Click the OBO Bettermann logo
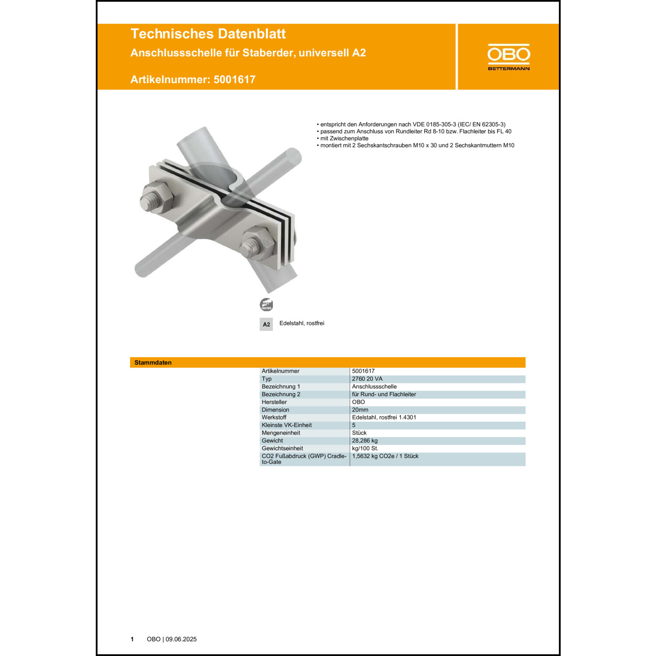tap(509, 57)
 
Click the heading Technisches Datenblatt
tap(208, 34)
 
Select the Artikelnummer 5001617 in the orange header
tap(193, 79)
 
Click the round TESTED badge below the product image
tap(266, 304)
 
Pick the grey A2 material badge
tap(266, 324)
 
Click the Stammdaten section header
tap(153, 363)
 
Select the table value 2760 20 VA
tap(367, 379)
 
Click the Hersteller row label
tap(274, 402)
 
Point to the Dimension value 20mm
tap(360, 410)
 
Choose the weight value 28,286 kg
tap(365, 440)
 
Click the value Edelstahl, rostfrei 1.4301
tap(384, 417)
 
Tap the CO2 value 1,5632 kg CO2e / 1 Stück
tap(385, 456)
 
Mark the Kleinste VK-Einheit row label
tap(286, 425)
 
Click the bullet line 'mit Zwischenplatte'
tap(344, 138)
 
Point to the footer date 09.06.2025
tap(181, 639)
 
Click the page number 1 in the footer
tap(132, 639)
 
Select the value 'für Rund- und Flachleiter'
tap(384, 394)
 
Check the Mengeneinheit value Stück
tap(359, 433)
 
